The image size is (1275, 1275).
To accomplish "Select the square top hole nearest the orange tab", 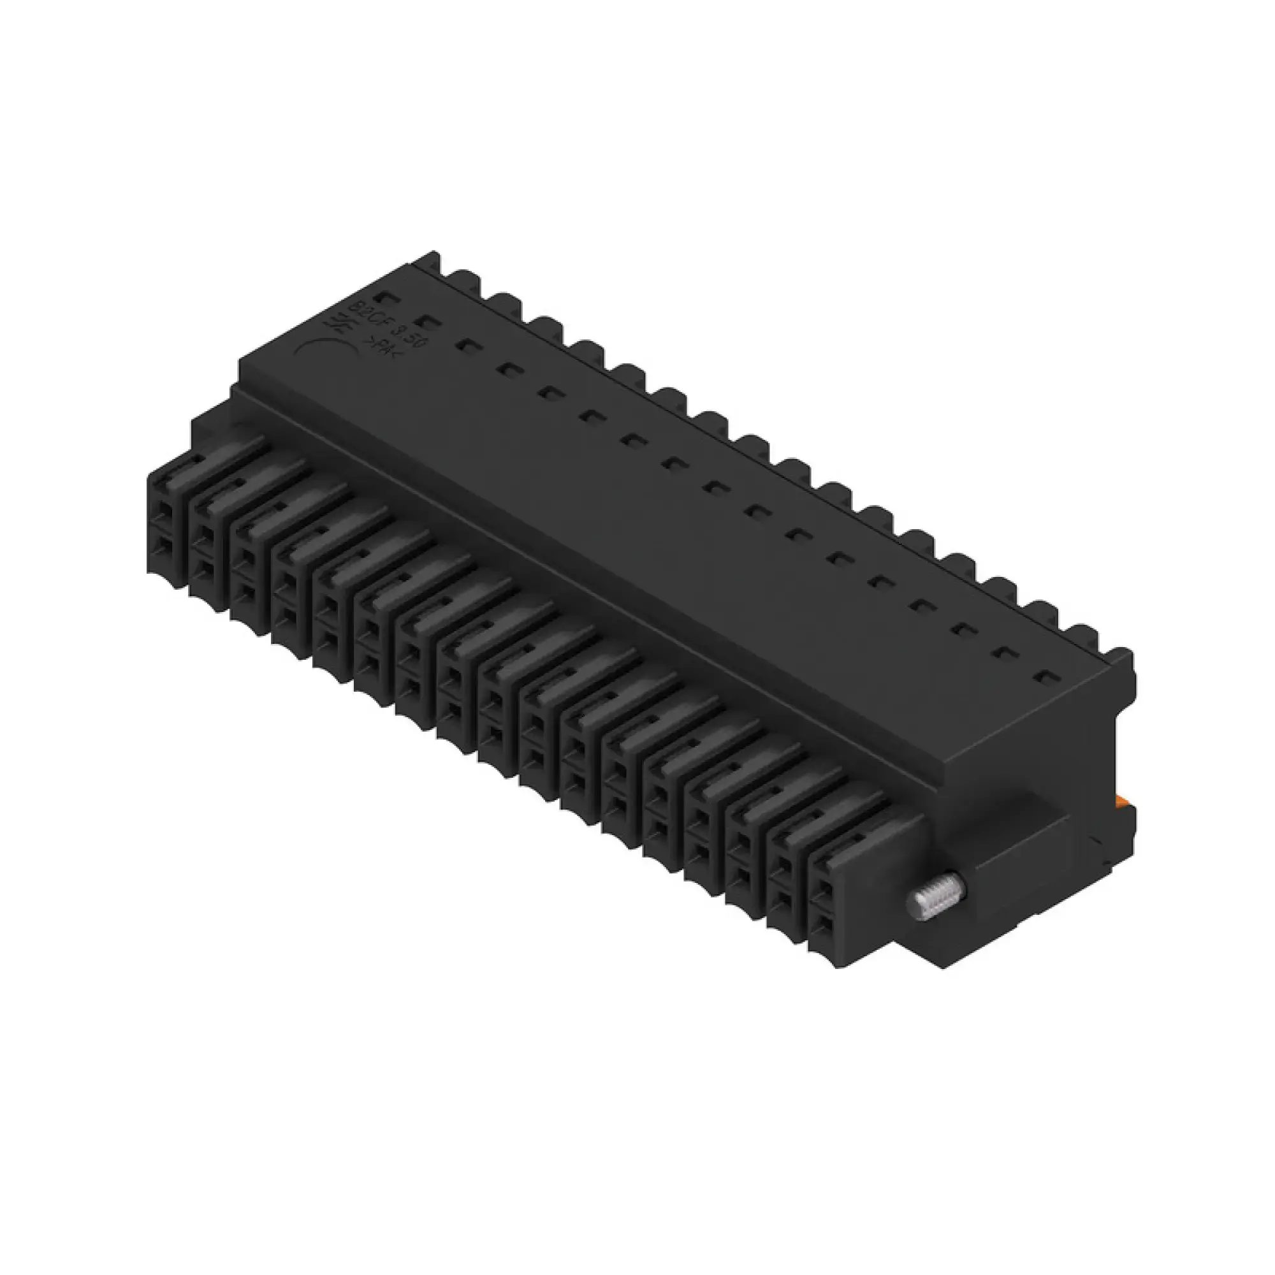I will [1044, 676].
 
